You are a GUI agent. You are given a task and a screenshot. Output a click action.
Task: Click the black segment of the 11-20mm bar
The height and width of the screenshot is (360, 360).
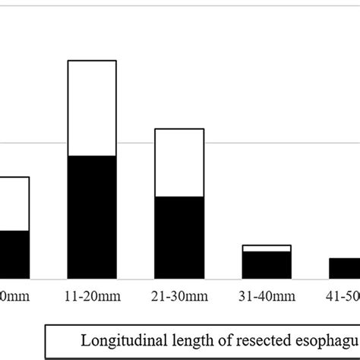92,217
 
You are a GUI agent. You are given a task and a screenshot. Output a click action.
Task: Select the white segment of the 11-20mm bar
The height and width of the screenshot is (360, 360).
92,108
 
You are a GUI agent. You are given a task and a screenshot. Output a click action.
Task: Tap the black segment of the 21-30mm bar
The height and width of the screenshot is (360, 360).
179,237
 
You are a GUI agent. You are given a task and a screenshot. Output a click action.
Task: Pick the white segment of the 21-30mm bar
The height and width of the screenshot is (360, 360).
179,163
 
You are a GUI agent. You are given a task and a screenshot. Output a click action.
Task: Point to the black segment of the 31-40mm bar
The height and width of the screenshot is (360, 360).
267,264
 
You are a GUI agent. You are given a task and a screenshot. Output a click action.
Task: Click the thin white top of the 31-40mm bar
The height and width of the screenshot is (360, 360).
267,248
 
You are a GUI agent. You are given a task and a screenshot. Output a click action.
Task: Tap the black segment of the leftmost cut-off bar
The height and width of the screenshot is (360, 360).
14,254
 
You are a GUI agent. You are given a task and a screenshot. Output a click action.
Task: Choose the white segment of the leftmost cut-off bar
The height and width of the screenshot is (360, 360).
14,204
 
